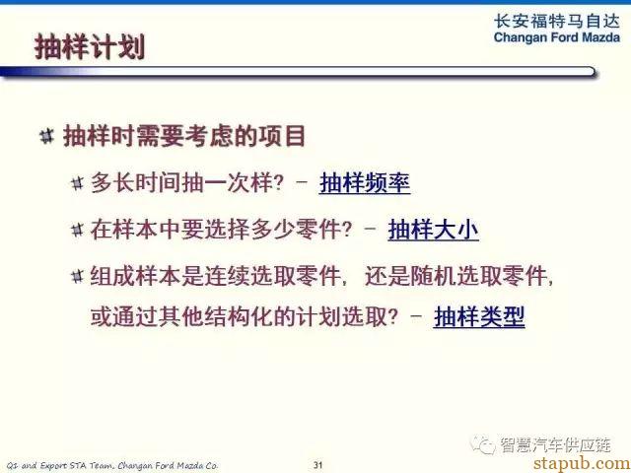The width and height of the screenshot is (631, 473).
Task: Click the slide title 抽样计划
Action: click(90, 47)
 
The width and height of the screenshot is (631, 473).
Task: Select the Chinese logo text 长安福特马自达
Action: click(556, 21)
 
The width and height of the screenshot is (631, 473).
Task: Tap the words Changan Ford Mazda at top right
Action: click(556, 37)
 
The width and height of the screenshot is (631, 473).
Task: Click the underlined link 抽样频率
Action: click(365, 183)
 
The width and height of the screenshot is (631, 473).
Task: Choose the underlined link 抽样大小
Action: click(433, 230)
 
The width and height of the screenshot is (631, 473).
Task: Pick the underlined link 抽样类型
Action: click(479, 317)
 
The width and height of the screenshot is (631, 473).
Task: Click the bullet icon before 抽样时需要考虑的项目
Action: click(46, 136)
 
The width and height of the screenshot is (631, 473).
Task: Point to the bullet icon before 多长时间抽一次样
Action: click(77, 183)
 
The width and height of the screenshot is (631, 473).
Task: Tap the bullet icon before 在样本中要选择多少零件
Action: click(77, 230)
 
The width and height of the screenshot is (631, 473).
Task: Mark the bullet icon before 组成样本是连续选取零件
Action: click(77, 276)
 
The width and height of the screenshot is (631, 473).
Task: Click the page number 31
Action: click(317, 465)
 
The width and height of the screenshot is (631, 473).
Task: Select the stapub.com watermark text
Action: click(582, 464)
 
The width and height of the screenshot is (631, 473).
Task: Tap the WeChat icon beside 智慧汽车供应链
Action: click(482, 444)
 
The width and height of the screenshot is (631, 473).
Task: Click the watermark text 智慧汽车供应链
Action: click(556, 444)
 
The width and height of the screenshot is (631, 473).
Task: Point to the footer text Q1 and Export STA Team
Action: click(56, 465)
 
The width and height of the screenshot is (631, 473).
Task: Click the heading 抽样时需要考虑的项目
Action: click(184, 136)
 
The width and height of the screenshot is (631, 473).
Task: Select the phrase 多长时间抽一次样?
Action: click(187, 183)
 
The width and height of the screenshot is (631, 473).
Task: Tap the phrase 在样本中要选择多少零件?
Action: click(221, 230)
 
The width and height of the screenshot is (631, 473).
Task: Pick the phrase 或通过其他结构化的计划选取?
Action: click(245, 317)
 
